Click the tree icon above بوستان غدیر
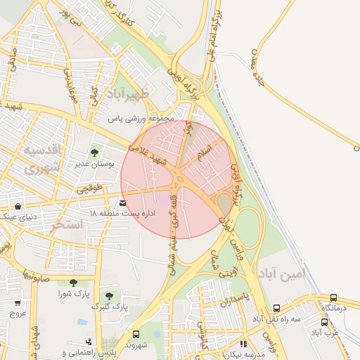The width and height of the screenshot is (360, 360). coord(94,152)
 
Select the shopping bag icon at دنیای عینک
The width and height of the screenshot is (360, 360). coord(17,206)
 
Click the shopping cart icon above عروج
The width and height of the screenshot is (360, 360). coord(17,303)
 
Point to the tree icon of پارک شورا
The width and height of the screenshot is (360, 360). coord(73,283)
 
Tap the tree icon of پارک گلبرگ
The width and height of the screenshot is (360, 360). coord(108,296)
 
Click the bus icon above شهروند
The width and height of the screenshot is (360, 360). coord(135,334)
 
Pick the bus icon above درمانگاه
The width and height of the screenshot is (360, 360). coord(333,297)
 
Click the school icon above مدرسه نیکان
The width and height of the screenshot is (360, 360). coord(243,345)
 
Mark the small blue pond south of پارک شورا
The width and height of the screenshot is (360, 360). coord(83,322)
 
